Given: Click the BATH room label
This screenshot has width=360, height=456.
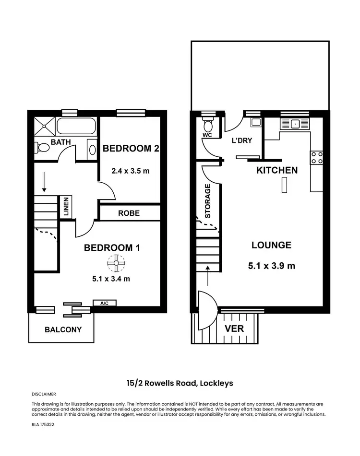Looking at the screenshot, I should point(60,142).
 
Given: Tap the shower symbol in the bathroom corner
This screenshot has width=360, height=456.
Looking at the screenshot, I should point(44,127).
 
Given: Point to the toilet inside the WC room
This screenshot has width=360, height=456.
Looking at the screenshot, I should point(208,126).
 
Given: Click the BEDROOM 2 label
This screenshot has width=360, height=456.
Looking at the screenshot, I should point(131,149).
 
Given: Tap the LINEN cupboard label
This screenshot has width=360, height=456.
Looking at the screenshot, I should point(66,207).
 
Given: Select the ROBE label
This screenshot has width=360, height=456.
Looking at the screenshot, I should point(129,212).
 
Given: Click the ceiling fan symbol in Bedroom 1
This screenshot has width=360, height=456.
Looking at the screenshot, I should point(116,262).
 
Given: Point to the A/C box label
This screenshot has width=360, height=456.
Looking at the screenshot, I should point(104,303).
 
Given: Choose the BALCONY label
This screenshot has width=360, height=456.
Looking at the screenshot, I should point(63,329).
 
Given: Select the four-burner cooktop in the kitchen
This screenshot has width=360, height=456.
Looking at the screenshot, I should point(317,158).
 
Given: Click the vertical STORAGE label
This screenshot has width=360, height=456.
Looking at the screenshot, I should point(208,201).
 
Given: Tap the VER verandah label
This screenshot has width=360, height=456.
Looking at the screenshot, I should point(235,328).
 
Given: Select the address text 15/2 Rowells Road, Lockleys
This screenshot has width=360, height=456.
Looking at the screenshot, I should point(180,383).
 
